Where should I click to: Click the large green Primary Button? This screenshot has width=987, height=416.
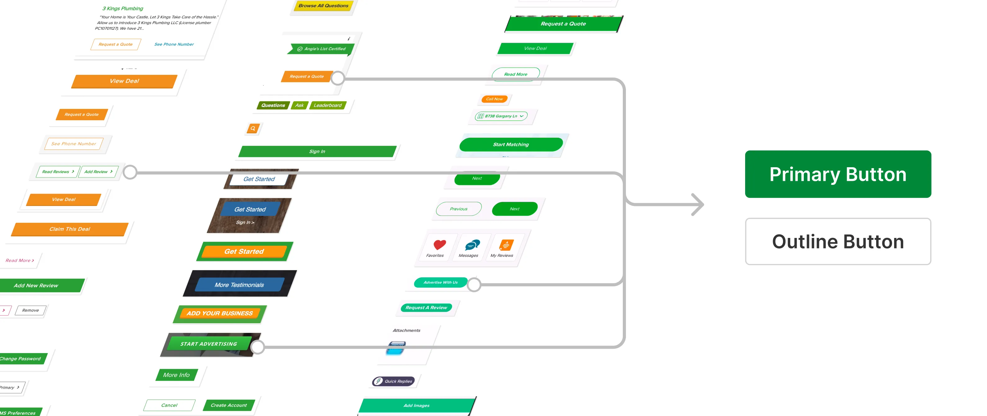pos(838,174)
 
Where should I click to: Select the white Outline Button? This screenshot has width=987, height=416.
pos(838,241)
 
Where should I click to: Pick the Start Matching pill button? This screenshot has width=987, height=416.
pos(510,144)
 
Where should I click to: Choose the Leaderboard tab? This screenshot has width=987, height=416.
pos(327,105)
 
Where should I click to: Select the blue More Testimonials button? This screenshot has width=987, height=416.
pos(239,285)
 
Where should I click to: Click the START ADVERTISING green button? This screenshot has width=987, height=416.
pos(209,344)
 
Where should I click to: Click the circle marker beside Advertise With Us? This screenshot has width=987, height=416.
pos(474,284)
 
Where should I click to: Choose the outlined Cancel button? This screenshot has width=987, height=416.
pos(169,405)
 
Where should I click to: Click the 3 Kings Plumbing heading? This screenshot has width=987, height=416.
pos(123,8)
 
